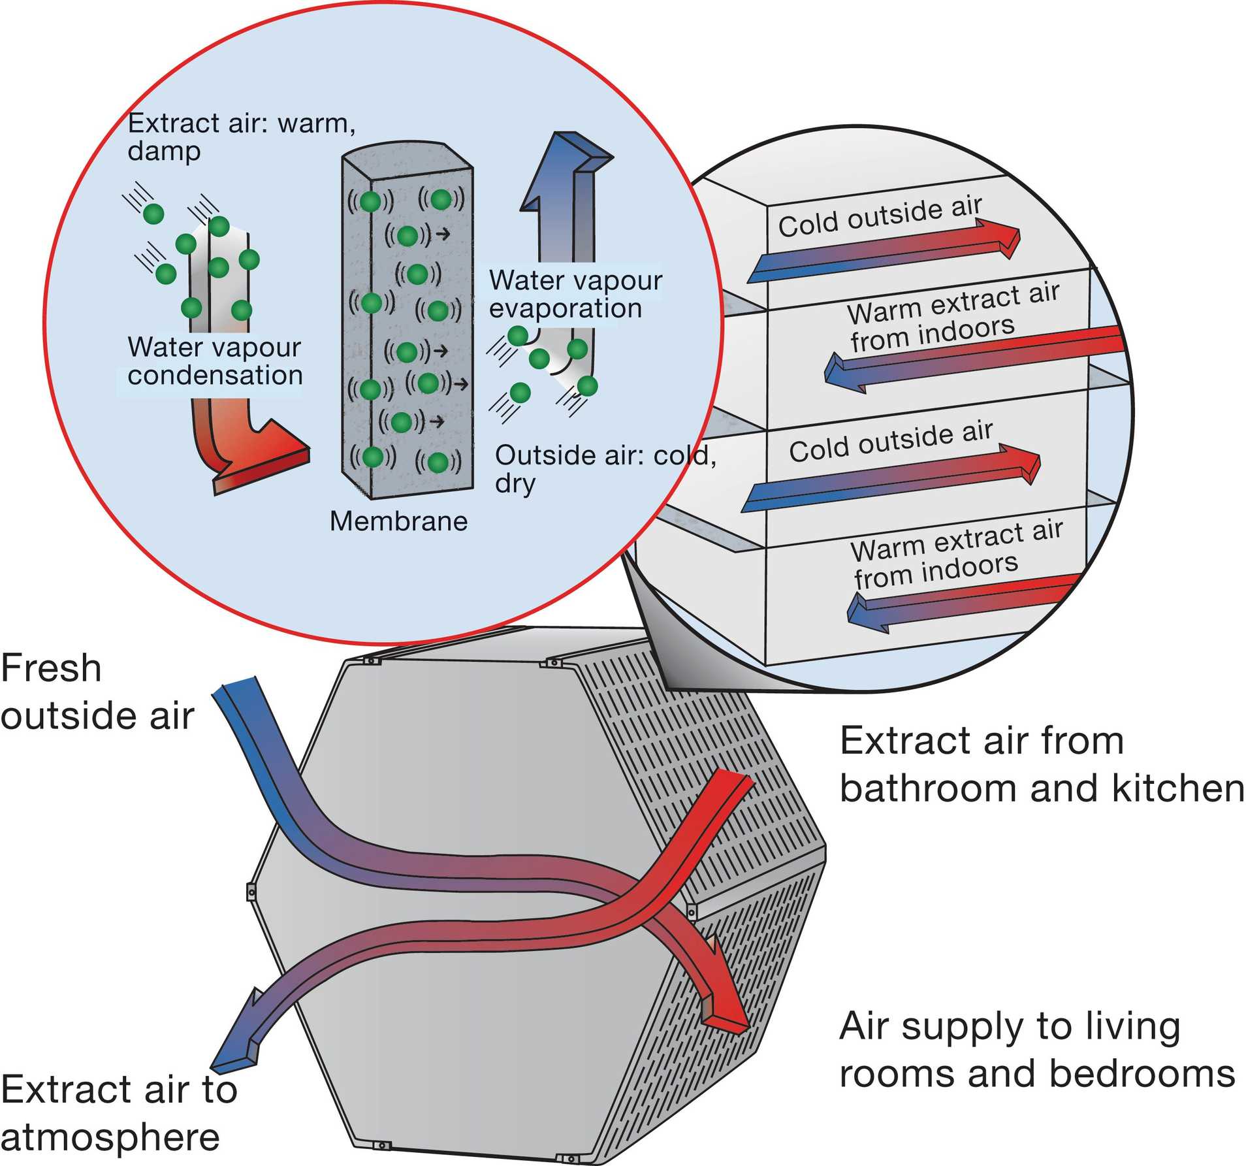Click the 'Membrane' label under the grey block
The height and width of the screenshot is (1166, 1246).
pos(398,521)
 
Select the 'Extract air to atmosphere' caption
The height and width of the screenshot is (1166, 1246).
pos(118,1113)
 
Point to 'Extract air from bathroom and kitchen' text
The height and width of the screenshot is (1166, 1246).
pos(1041,764)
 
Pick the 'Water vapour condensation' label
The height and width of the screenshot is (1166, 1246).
pos(214,361)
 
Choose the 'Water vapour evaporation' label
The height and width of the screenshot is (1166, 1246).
pos(575,294)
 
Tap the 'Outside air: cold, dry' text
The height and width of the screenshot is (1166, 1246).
pos(604,468)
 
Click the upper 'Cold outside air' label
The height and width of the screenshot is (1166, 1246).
pos(879,216)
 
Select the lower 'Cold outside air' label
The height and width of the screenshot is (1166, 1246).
pos(890,442)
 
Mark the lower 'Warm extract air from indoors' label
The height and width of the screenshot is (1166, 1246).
pos(956,553)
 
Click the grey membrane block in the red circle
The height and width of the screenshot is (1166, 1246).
pos(407,327)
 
